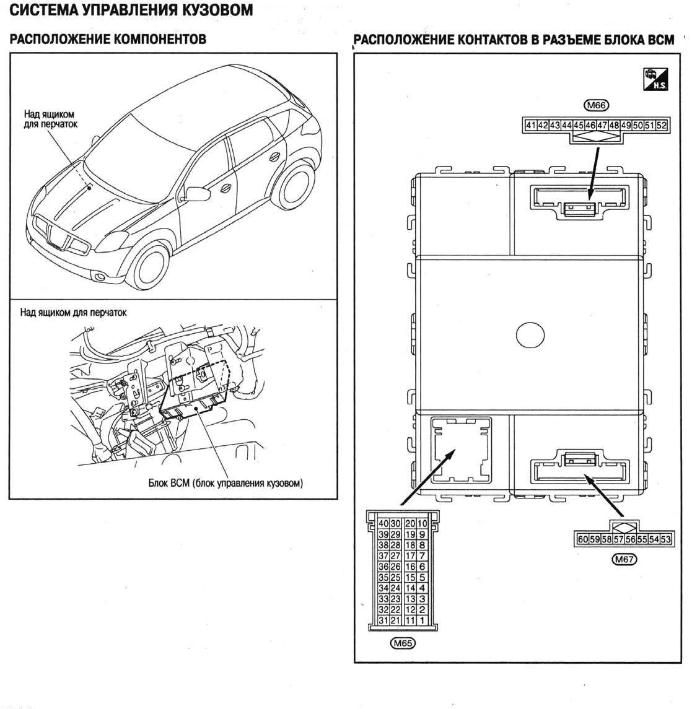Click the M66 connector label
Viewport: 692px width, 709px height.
595,105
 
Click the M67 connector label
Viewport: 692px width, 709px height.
624,560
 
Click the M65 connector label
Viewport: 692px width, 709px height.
403,643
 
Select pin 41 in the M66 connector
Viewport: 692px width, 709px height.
530,125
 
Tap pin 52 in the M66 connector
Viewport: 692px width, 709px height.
662,125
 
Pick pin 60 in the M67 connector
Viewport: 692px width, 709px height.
582,539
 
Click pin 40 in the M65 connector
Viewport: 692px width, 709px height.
383,524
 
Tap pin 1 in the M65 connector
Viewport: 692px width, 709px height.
423,620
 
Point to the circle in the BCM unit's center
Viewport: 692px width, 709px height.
530,335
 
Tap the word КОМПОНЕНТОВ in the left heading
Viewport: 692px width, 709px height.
160,40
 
